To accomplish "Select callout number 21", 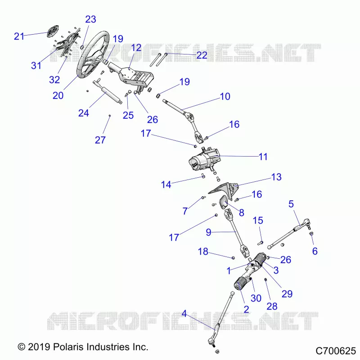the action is (x=19, y=36).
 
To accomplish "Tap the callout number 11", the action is (x=263, y=157).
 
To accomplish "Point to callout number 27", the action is (x=100, y=140).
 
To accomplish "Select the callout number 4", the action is (x=184, y=314).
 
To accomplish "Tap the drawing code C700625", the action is (x=336, y=351).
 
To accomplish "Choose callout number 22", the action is (x=202, y=55).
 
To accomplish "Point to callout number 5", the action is (x=291, y=204).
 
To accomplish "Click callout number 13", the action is (x=276, y=177).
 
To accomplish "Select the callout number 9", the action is (x=208, y=232).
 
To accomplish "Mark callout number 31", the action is (x=36, y=65).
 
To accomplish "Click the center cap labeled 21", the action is (x=53, y=31).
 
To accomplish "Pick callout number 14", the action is (x=166, y=184).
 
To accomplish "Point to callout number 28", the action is (x=272, y=306).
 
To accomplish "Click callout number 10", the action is (x=225, y=96).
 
